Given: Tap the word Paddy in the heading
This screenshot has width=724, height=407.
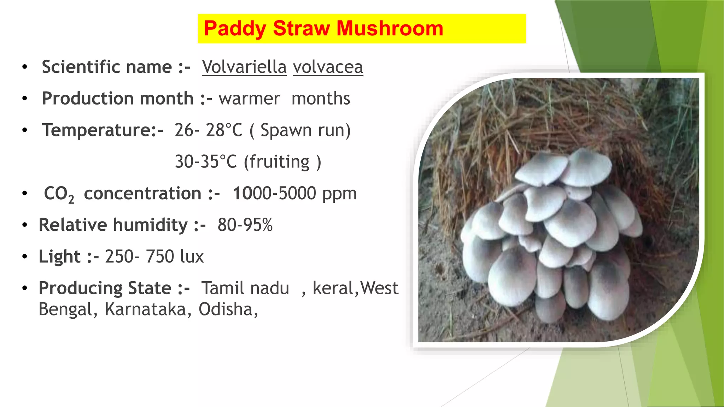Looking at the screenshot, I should click(x=235, y=28).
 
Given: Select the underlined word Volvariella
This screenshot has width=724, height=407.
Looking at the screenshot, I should click(x=244, y=67).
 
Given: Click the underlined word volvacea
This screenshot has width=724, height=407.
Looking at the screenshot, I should click(x=328, y=67).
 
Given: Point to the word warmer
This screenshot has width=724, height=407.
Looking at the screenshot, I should click(x=249, y=99).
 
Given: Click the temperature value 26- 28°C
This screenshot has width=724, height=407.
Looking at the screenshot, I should click(x=208, y=130).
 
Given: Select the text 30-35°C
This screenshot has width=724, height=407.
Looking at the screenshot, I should click(x=206, y=162).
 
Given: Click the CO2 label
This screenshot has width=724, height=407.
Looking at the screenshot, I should click(x=59, y=194).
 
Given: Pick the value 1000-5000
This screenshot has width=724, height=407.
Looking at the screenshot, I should click(x=274, y=194).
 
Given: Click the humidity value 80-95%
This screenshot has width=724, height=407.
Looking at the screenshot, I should click(x=245, y=225).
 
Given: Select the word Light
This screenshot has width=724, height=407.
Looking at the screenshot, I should click(x=59, y=256).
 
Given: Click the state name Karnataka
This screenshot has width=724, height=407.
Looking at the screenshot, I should click(x=148, y=309).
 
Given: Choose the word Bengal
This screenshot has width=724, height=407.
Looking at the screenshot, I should click(x=66, y=309).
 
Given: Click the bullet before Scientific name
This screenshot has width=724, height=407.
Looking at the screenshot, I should click(x=24, y=67).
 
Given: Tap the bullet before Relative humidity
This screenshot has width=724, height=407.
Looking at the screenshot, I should click(x=24, y=225).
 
